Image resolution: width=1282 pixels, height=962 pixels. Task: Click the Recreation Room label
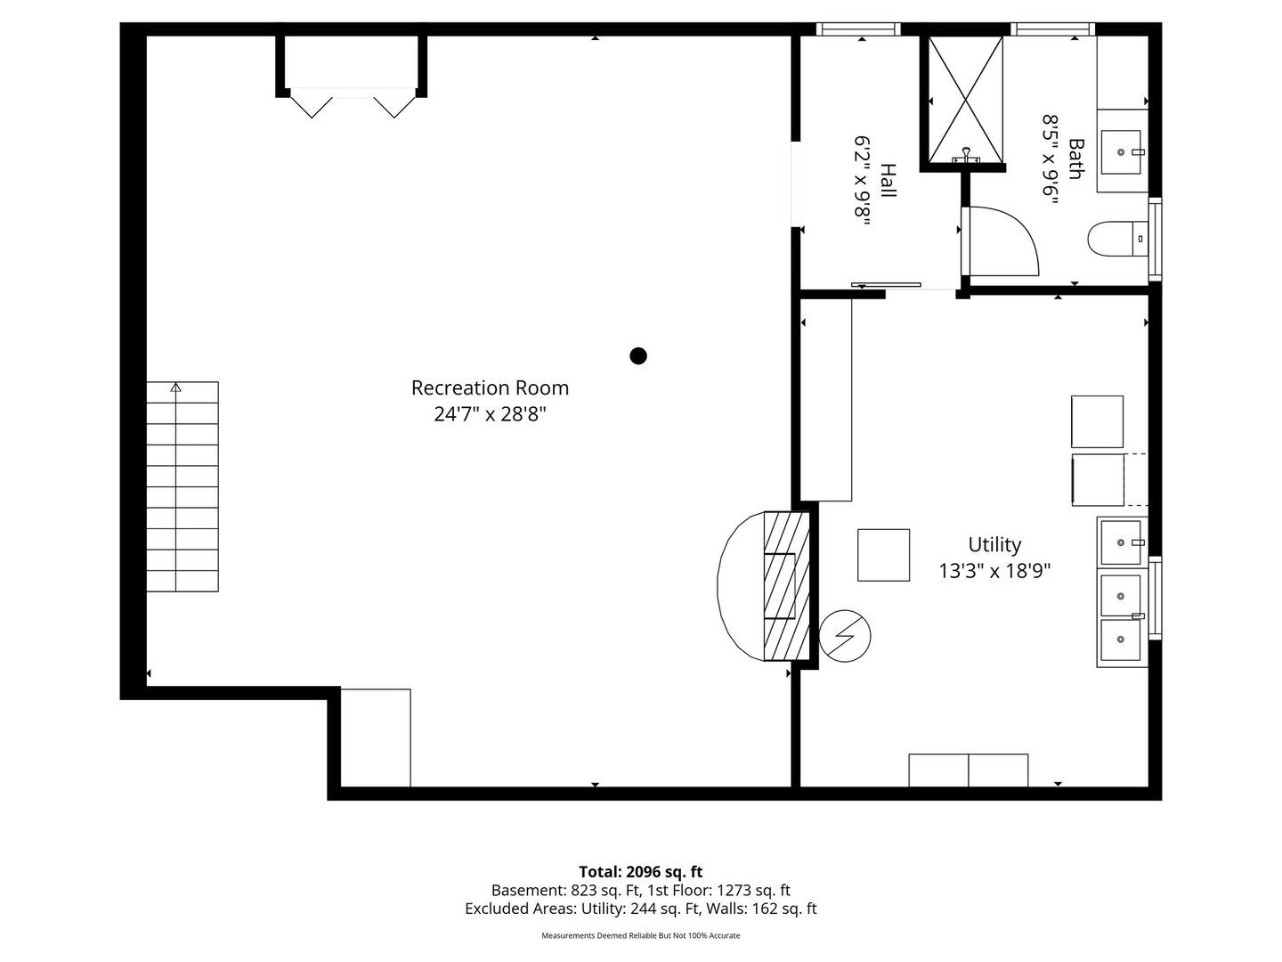(490, 387)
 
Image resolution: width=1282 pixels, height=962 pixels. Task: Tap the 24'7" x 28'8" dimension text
(490, 414)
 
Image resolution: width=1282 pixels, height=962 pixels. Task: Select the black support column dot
(637, 355)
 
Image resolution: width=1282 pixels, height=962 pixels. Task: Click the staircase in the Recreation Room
(183, 486)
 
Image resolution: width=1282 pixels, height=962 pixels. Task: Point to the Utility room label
(994, 545)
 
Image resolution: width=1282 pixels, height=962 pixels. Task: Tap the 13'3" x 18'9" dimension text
(994, 571)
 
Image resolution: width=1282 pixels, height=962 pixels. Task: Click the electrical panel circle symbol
(845, 636)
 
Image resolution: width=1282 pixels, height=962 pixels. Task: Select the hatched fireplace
(786, 586)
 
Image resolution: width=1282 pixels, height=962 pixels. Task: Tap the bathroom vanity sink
(1121, 151)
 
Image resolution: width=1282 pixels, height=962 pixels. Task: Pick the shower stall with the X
(965, 99)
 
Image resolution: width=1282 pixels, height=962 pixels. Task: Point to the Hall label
(888, 181)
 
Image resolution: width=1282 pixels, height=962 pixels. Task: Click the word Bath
(1076, 159)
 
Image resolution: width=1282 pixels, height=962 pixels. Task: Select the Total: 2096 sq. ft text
(641, 871)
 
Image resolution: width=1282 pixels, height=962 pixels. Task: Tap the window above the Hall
(858, 29)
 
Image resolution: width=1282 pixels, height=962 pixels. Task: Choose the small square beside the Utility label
(883, 555)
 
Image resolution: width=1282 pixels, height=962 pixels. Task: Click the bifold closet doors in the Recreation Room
(353, 102)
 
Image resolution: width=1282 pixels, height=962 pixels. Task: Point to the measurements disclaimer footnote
(640, 935)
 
